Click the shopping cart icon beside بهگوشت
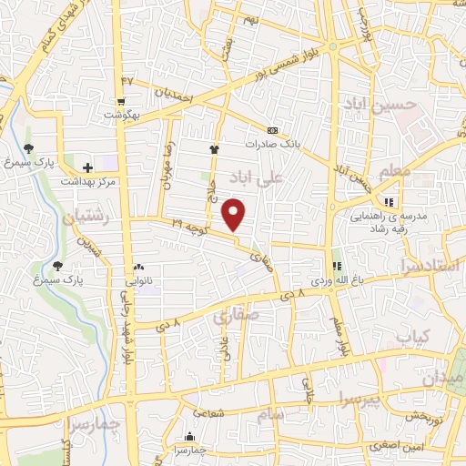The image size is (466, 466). click(121, 102)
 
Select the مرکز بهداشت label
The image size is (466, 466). click(87, 181)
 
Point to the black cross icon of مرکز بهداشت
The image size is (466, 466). click(87, 167)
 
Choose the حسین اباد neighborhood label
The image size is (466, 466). click(380, 106)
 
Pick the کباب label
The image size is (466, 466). click(411, 336)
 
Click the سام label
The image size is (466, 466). click(271, 413)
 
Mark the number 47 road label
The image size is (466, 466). click(127, 81)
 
